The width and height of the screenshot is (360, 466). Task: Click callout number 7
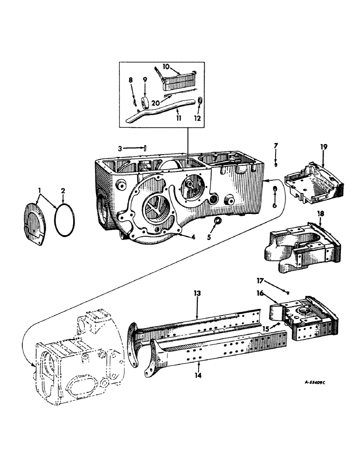tap(276, 146)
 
